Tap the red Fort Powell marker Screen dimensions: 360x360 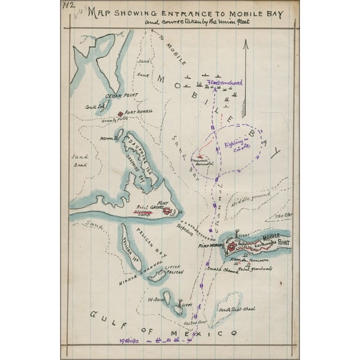pyautogui.click(x=121, y=113)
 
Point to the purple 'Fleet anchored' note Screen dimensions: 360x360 pyautogui.click(x=224, y=82)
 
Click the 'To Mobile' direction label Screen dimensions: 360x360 pyautogui.click(x=174, y=50)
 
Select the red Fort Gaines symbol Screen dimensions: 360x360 pyautogui.click(x=167, y=211)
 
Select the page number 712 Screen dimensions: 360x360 pyautogui.click(x=67, y=6)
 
